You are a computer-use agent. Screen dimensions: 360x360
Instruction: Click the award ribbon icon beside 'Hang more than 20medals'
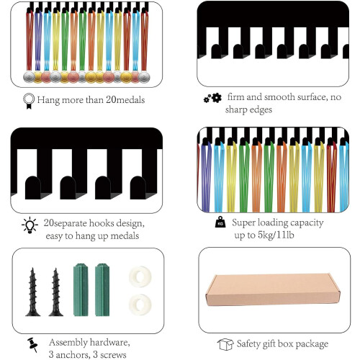[29, 101]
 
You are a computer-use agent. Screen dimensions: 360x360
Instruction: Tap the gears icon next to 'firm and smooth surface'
[212, 98]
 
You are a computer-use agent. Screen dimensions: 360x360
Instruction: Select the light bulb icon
[30, 225]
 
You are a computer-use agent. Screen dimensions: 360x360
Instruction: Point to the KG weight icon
[220, 222]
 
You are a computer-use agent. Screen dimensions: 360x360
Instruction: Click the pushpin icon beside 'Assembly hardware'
[32, 345]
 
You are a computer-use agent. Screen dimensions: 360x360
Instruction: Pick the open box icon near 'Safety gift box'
[225, 344]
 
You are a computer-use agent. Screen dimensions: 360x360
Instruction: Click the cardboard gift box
[273, 289]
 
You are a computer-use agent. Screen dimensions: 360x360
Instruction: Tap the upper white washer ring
[140, 276]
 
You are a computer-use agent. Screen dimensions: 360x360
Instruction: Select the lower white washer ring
[140, 305]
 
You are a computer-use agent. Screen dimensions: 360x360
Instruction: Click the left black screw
[33, 292]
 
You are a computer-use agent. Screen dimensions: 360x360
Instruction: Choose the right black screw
[56, 292]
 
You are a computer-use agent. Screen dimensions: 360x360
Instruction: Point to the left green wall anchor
[81, 290]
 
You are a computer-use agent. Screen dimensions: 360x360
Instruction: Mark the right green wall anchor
[102, 290]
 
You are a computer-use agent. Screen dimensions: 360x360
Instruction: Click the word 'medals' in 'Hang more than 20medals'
[130, 100]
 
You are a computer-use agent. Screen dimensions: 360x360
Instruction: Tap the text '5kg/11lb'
[276, 235]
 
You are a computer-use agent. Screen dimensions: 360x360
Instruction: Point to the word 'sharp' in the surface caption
[235, 110]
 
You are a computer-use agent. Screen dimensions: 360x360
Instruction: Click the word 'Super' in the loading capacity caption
[243, 223]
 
